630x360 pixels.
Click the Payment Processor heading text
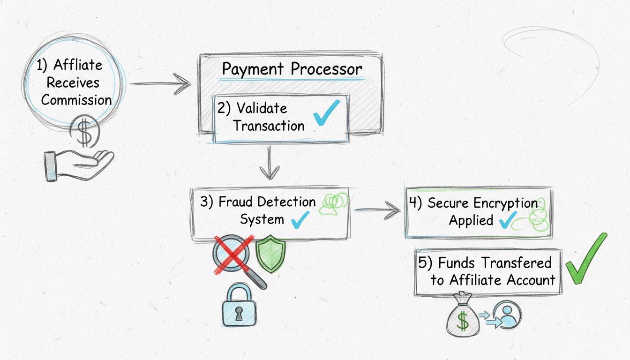[x=292, y=69]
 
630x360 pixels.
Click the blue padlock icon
[x=240, y=304]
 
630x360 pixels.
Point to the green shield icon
[x=270, y=254]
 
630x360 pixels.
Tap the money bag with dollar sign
[x=463, y=314]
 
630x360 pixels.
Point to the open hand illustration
[x=78, y=165]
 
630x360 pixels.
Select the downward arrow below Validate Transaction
[x=270, y=164]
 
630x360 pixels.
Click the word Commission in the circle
[x=76, y=100]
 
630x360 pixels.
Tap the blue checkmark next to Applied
[x=507, y=220]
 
